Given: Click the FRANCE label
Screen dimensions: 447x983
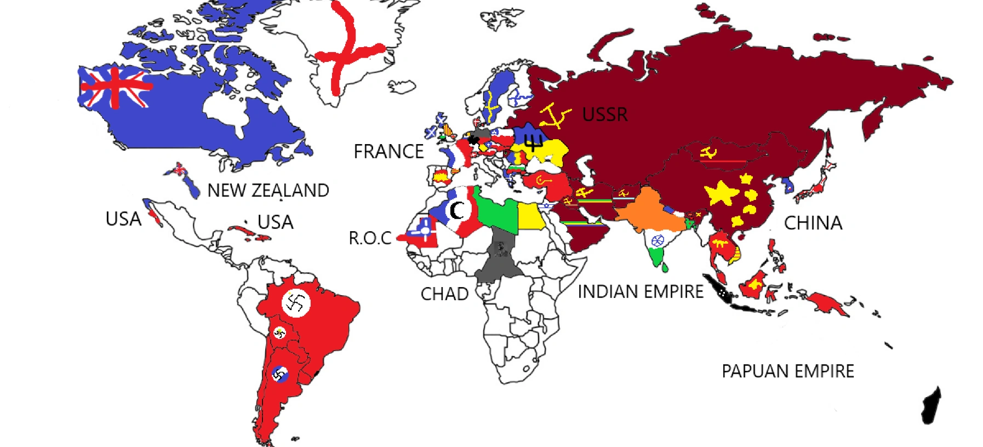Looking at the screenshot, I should tap(388, 152).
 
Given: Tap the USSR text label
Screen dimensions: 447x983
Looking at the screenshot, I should tap(605, 114).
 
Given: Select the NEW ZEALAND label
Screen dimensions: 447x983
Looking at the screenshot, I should tap(268, 191).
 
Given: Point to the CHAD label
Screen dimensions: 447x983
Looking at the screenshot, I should tap(444, 294).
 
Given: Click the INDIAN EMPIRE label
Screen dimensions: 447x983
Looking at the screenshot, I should tap(641, 292).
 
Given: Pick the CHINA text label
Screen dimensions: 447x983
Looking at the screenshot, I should tap(813, 223).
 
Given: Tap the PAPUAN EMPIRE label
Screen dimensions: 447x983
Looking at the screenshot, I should tap(787, 371).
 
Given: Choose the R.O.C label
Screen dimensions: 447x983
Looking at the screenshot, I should tap(370, 238).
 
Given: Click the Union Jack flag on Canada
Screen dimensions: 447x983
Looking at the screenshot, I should tap(115, 87).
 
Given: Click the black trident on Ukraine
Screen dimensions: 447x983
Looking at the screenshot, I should tap(533, 142).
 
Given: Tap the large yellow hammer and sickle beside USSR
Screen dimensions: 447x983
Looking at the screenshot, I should tap(555, 116).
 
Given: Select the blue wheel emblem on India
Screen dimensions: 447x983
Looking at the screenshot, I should tap(658, 240).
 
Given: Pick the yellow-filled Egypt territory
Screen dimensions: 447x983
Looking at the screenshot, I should tap(530, 216).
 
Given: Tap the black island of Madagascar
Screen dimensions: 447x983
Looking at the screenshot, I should tap(931, 406).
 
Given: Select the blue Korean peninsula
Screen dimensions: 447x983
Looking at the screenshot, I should tap(788, 185).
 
